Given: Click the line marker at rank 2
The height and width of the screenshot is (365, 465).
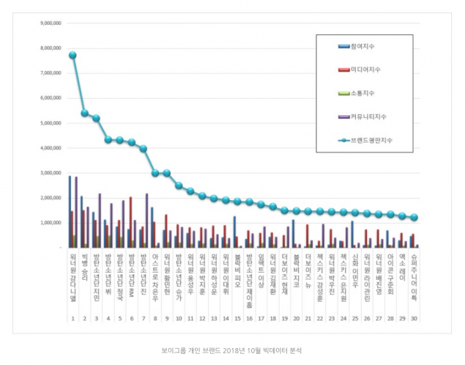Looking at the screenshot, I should pyautogui.click(x=84, y=113).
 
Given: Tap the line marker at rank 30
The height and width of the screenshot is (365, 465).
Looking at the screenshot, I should pyautogui.click(x=414, y=218).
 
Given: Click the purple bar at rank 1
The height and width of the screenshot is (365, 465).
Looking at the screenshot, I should pyautogui.click(x=76, y=212).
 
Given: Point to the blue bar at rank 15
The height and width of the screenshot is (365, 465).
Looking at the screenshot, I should pyautogui.click(x=234, y=232).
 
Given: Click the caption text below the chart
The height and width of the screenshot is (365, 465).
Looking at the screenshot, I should pyautogui.click(x=231, y=350).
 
